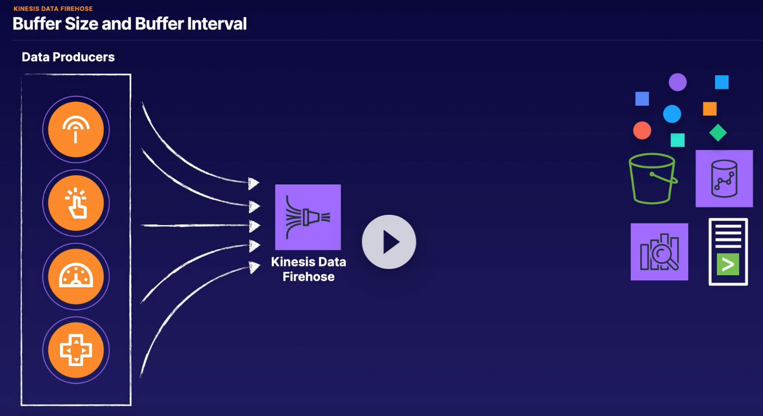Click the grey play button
389,242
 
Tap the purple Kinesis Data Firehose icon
308,217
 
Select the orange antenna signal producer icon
76,129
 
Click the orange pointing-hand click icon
76,203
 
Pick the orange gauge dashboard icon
76,276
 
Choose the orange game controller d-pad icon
76,350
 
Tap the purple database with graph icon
724,179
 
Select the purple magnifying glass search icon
660,252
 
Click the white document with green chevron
728,252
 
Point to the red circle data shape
642,131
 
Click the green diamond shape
718,132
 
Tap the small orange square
710,109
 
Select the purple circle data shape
677,82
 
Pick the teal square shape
677,140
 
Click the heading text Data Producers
68,57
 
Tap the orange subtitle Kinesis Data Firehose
53,8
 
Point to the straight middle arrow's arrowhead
255,226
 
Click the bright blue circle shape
672,114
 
